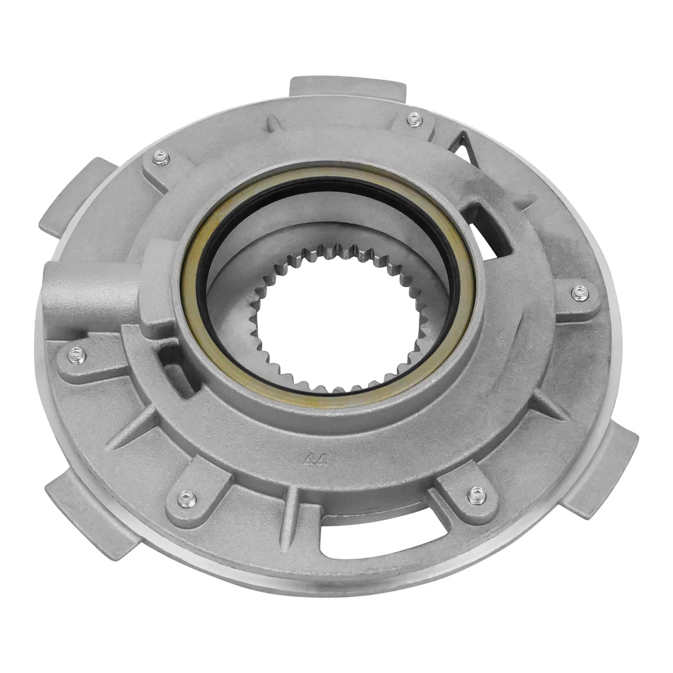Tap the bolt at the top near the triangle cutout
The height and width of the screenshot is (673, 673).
[x=413, y=118]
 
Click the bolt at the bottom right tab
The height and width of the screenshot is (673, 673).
[x=477, y=493]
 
